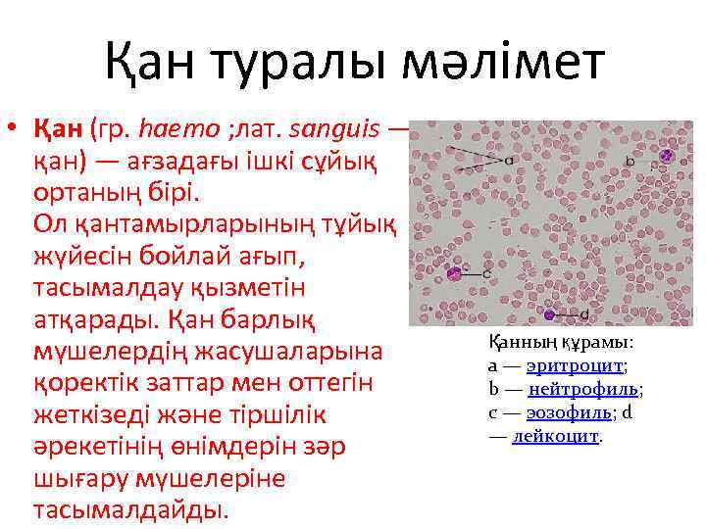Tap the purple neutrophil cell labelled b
tap(666, 155)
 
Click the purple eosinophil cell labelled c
tap(454, 273)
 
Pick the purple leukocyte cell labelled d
tap(549, 314)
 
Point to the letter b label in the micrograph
tap(630, 160)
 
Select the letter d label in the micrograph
tap(584, 314)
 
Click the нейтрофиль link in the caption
tap(584, 389)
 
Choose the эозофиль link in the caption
tap(571, 412)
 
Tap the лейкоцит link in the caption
tap(555, 436)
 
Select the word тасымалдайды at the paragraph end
tap(129, 509)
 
